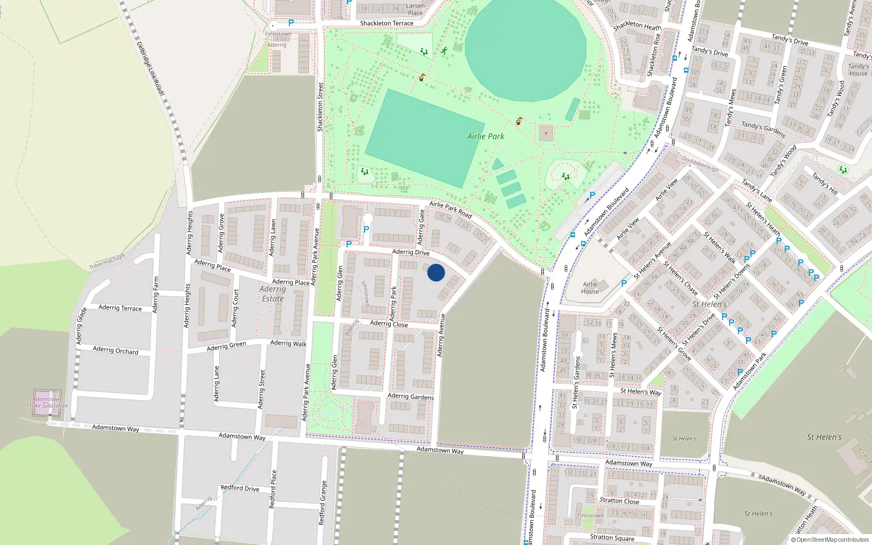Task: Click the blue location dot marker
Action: coord(436,272)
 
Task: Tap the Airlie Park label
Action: coord(486,136)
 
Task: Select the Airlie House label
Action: coord(590,288)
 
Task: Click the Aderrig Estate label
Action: coord(272,294)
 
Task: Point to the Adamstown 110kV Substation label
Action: coord(47,402)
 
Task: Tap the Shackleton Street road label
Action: coord(320,107)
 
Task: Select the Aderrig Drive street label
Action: coord(411,252)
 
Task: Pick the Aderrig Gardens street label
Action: coord(410,396)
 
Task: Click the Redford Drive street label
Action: coord(240,488)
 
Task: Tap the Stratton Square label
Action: coord(612,537)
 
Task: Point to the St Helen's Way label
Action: coord(641,391)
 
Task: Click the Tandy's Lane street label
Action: coord(756,191)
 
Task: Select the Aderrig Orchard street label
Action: coord(116,350)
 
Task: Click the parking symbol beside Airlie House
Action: coord(624,283)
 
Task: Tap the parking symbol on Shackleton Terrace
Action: coord(291,23)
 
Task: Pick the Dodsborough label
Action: coord(700,165)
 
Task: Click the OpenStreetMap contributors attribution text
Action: coord(829,540)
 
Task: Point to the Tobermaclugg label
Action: coord(107,261)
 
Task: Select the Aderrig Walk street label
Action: coord(288,343)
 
